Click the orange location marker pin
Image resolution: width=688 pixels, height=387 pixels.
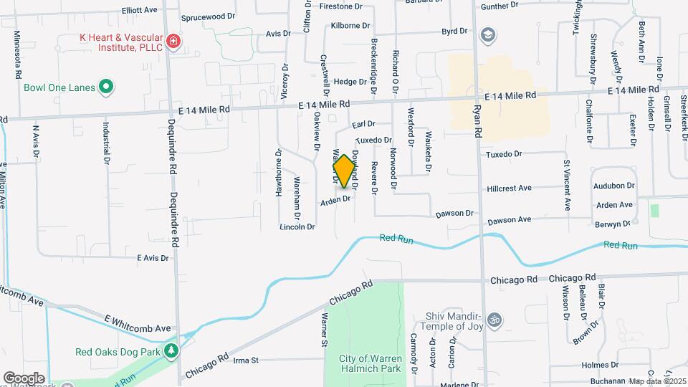(344, 171)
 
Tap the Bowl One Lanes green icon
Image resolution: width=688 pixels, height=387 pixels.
(106, 87)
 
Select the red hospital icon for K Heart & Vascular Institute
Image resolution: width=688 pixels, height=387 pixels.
(172, 42)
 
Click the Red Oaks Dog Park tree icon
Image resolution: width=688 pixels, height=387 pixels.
(171, 351)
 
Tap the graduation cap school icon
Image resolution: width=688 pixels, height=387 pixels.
(487, 34)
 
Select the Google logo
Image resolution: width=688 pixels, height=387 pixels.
(24, 378)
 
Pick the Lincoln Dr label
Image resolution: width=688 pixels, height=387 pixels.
(297, 227)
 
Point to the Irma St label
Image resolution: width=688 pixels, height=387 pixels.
(245, 360)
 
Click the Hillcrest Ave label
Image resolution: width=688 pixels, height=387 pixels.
(509, 188)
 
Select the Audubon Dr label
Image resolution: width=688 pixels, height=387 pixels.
(614, 185)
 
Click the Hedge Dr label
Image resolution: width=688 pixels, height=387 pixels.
(350, 82)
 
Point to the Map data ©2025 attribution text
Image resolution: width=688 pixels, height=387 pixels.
(658, 381)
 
